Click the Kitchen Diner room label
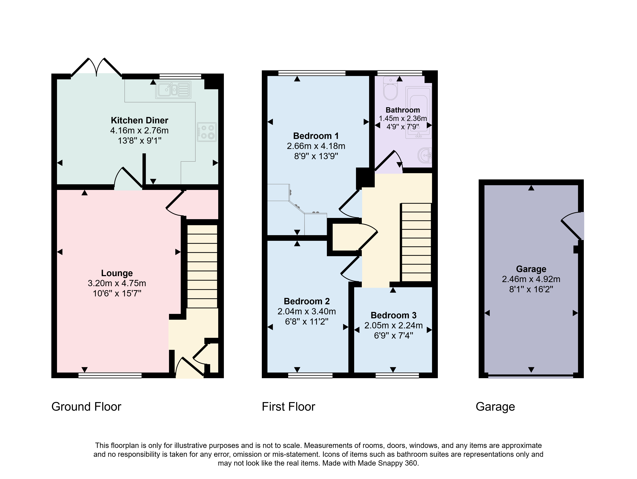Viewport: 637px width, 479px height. (139, 120)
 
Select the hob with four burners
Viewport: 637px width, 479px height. (206, 132)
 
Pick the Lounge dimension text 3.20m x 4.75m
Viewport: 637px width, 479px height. (117, 283)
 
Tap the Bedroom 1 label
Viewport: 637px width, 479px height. (316, 136)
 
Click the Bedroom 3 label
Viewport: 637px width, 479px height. (393, 315)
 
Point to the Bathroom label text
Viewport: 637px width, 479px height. (403, 110)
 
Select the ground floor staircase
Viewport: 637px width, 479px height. (202, 266)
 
